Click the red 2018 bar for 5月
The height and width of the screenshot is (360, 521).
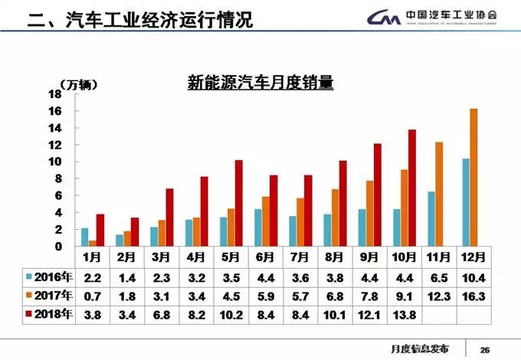point(239,204)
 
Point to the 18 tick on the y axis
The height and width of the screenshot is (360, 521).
point(55,94)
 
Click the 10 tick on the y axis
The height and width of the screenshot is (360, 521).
point(55,162)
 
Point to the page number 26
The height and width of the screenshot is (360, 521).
point(484,349)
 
